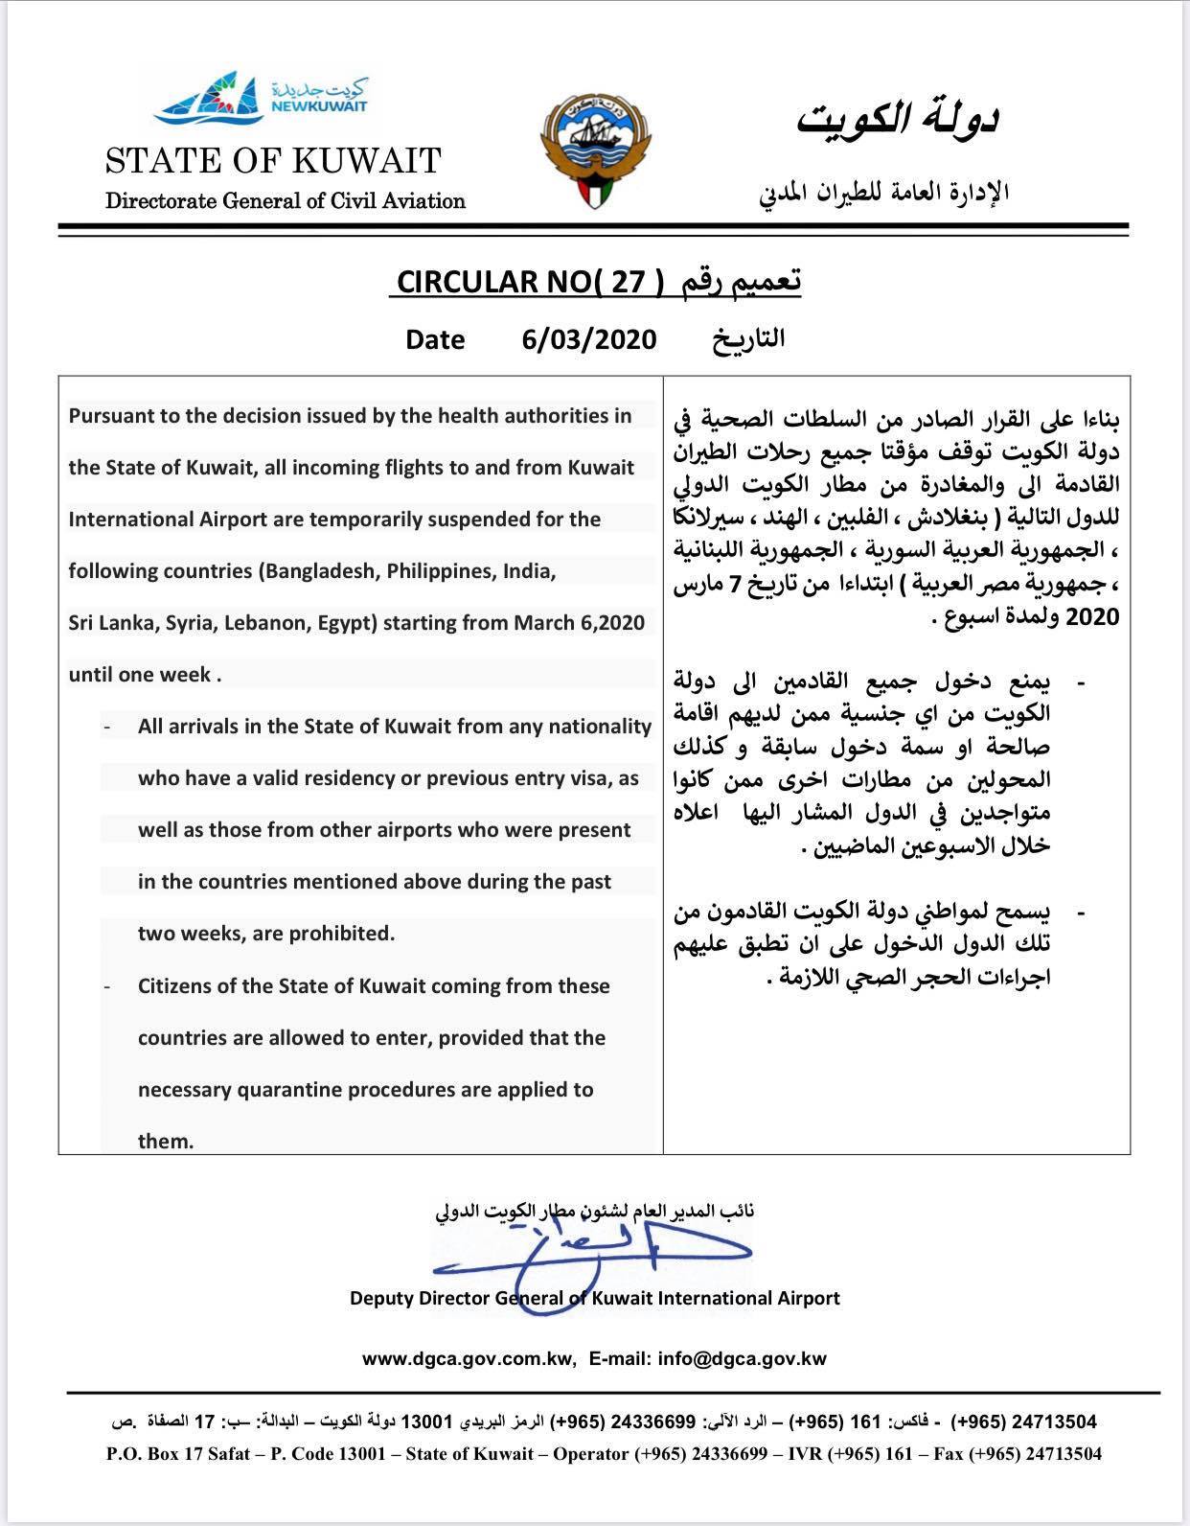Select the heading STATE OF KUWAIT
click(273, 160)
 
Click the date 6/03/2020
click(589, 339)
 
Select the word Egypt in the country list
click(351, 623)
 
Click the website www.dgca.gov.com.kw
click(469, 1358)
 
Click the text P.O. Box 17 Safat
click(178, 1454)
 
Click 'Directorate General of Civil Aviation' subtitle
click(285, 201)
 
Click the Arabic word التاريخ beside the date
click(747, 339)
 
